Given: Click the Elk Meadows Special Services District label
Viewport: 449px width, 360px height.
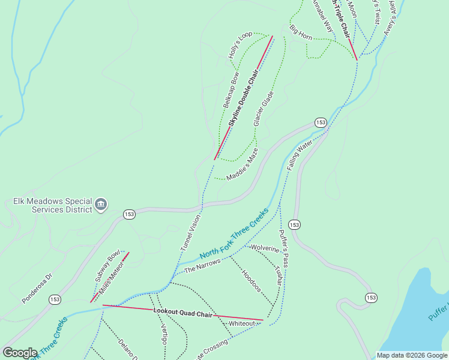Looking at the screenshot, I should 52,205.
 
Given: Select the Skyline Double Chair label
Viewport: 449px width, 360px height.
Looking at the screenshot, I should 243,98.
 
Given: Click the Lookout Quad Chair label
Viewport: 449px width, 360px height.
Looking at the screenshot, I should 182,312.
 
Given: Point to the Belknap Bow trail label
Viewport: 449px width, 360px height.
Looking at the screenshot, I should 231,90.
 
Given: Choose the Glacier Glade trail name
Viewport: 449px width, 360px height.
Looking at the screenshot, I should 264,108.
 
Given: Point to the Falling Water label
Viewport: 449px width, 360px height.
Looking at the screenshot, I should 300,155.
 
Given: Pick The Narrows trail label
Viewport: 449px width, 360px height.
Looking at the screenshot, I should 202,265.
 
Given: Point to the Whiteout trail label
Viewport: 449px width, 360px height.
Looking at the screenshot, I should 242,323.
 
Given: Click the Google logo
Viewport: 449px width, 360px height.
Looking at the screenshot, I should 20,353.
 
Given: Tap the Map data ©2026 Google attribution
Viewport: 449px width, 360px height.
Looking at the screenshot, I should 412,355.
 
